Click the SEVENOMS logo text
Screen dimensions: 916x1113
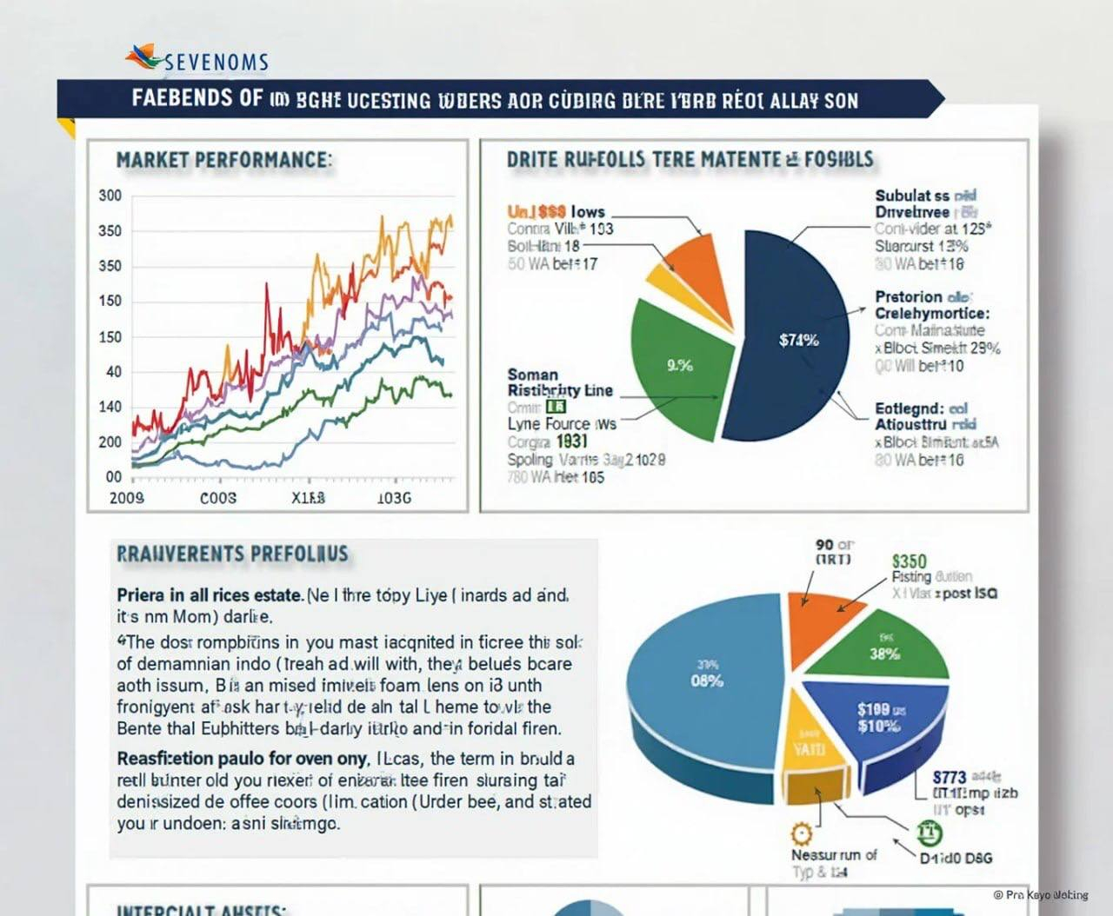pyautogui.click(x=216, y=62)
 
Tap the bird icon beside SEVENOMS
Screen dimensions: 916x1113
pyautogui.click(x=143, y=56)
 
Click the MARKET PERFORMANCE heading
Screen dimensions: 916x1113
pyautogui.click(x=223, y=161)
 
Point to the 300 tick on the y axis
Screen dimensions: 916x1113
pyautogui.click(x=110, y=196)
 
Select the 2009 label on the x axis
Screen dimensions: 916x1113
pyautogui.click(x=127, y=498)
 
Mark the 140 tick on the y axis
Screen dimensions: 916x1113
pyautogui.click(x=110, y=407)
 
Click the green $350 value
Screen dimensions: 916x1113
pyautogui.click(x=910, y=561)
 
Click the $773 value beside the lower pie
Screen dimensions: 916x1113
pyautogui.click(x=950, y=778)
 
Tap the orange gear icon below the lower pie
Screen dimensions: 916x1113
pyautogui.click(x=801, y=833)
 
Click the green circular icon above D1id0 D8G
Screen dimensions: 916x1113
pyautogui.click(x=930, y=833)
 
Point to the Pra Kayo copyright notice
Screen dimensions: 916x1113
pyautogui.click(x=1041, y=894)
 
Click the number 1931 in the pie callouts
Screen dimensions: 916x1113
pyautogui.click(x=572, y=441)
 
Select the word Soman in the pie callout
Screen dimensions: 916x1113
pyautogui.click(x=532, y=374)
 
